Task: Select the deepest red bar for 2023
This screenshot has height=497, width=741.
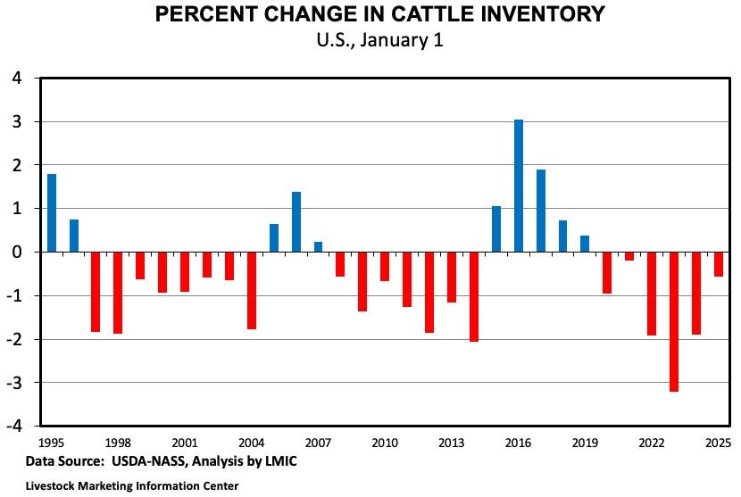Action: (674, 321)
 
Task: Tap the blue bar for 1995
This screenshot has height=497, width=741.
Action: (52, 212)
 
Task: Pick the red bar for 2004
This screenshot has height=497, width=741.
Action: (252, 290)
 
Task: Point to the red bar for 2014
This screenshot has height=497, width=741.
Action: (474, 296)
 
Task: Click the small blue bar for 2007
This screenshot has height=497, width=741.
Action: (319, 246)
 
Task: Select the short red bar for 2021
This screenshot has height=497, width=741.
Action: (629, 256)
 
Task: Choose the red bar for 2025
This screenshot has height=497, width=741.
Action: (719, 264)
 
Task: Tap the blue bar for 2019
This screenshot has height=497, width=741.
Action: (585, 244)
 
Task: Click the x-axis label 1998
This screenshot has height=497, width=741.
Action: (118, 443)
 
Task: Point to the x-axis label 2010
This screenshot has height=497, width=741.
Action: (385, 443)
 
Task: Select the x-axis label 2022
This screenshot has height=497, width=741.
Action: (652, 443)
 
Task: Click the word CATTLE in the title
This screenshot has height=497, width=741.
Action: (399, 15)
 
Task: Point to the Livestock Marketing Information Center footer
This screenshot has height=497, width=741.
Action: (126, 486)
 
